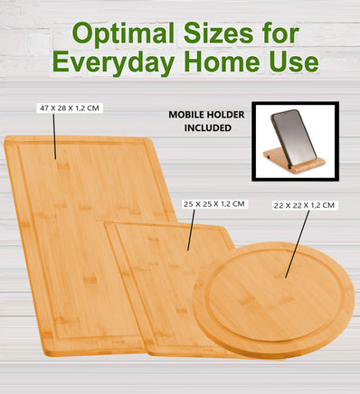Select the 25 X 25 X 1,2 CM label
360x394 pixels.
click(x=213, y=204)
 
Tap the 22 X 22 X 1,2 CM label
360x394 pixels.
click(x=304, y=206)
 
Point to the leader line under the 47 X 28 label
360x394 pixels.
click(x=54, y=136)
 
